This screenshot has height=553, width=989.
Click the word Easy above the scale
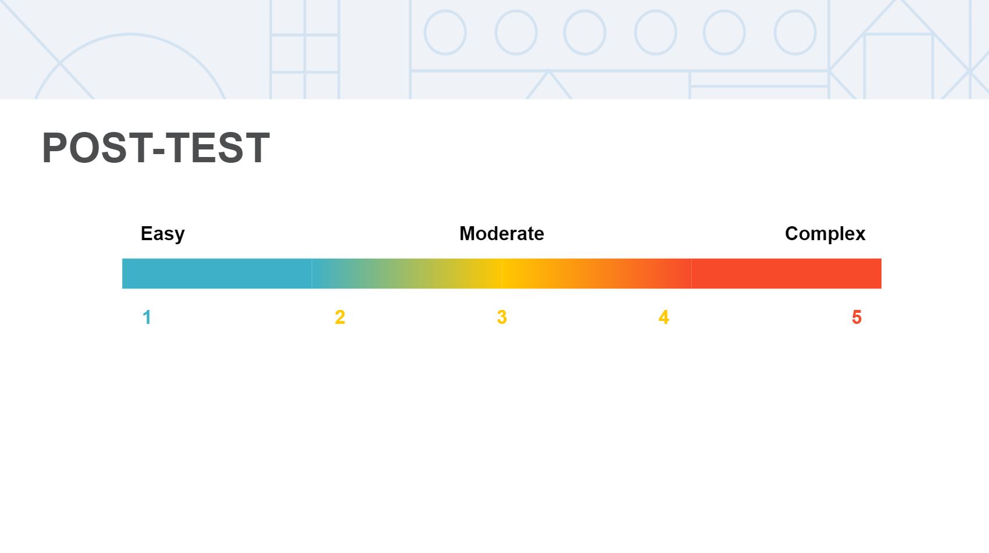click(x=162, y=234)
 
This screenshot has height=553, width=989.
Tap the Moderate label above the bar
click(x=501, y=234)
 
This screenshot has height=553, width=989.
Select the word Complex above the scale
click(x=824, y=234)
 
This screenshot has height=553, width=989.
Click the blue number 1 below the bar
click(x=147, y=317)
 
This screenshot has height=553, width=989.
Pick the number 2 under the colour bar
click(x=340, y=317)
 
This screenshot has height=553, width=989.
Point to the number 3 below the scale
click(x=502, y=317)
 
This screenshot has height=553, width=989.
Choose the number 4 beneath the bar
click(x=663, y=317)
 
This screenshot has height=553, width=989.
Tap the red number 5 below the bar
click(x=856, y=317)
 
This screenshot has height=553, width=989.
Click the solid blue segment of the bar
click(x=217, y=273)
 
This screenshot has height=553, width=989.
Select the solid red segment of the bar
click(x=786, y=273)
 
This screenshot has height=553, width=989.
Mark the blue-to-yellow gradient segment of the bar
click(x=407, y=273)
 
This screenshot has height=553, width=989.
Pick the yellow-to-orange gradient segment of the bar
click(x=597, y=273)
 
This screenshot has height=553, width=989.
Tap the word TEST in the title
click(x=219, y=148)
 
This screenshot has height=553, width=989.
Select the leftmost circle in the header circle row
click(x=445, y=33)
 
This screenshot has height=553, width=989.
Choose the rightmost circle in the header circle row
click(x=795, y=33)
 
